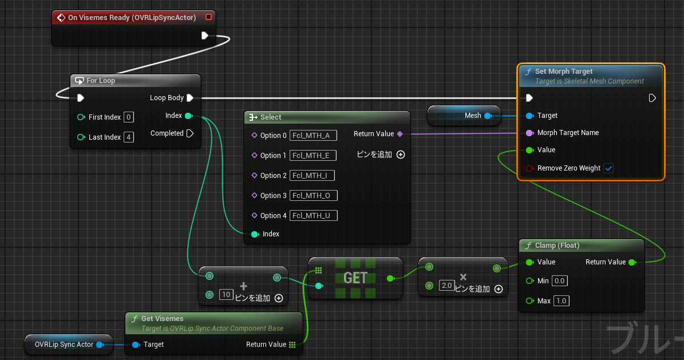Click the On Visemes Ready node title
pos(132,18)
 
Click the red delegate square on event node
pos(208,17)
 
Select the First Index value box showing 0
pos(129,117)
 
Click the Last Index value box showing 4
pos(129,137)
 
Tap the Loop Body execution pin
pos(190,98)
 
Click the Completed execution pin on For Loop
pos(190,133)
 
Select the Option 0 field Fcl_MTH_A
pos(313,136)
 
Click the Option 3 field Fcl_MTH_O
pos(313,196)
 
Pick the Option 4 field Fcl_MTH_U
pos(313,216)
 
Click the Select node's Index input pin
pos(255,234)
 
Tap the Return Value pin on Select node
pos(400,134)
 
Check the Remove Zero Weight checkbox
pos(608,168)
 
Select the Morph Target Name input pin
pos(529,133)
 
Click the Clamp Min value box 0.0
pos(560,281)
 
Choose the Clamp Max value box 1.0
pos(561,301)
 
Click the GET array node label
pos(355,278)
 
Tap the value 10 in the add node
pos(226,295)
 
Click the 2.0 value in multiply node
pos(446,286)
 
